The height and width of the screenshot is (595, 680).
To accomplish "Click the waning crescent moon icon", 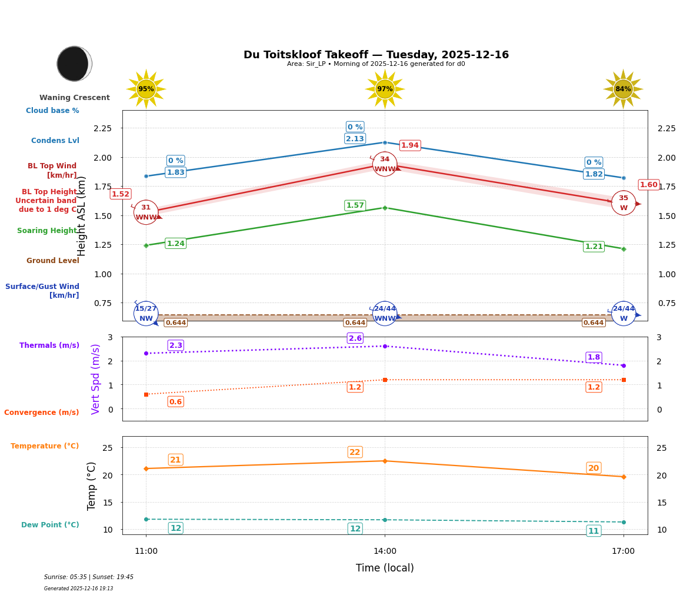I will [74, 64].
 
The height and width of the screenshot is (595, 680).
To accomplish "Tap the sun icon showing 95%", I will [146, 89].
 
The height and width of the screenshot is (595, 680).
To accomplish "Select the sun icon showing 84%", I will [623, 89].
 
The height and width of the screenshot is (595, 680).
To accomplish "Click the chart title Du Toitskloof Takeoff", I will [376, 55].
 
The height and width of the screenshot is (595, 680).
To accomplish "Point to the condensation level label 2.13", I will [355, 139].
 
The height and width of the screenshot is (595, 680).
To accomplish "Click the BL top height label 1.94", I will [409, 145].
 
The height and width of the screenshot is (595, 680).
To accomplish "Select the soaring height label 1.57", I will [355, 205].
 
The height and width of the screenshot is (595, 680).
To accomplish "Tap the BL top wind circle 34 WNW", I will [385, 164].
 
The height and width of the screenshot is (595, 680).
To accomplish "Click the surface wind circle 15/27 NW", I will [146, 313].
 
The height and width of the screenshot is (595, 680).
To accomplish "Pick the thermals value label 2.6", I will [355, 338].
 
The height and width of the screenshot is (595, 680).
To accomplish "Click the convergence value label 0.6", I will [175, 402].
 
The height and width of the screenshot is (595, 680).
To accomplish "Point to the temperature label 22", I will [355, 452].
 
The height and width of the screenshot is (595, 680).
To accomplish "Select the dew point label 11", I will [594, 531].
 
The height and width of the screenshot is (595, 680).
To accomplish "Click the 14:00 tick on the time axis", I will [385, 551].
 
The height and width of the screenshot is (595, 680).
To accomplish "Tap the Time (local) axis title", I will [385, 568].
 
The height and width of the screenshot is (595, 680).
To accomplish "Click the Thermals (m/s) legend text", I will [49, 345].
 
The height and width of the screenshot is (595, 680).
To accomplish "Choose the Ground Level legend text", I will [53, 261].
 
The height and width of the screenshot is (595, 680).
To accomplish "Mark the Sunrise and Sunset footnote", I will [89, 577].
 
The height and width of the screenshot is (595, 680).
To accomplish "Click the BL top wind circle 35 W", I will [623, 203].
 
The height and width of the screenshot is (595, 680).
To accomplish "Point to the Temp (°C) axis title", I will [92, 486].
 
